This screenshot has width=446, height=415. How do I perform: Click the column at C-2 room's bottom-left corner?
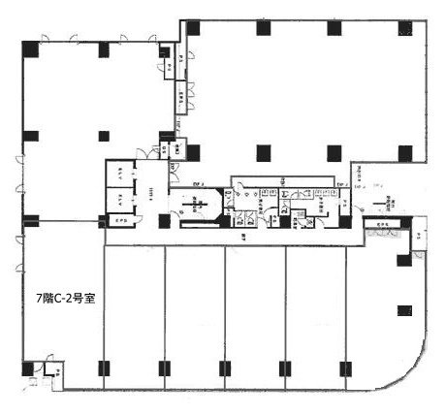tap(28, 368)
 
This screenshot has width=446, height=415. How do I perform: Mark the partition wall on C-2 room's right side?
tap(104, 310)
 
